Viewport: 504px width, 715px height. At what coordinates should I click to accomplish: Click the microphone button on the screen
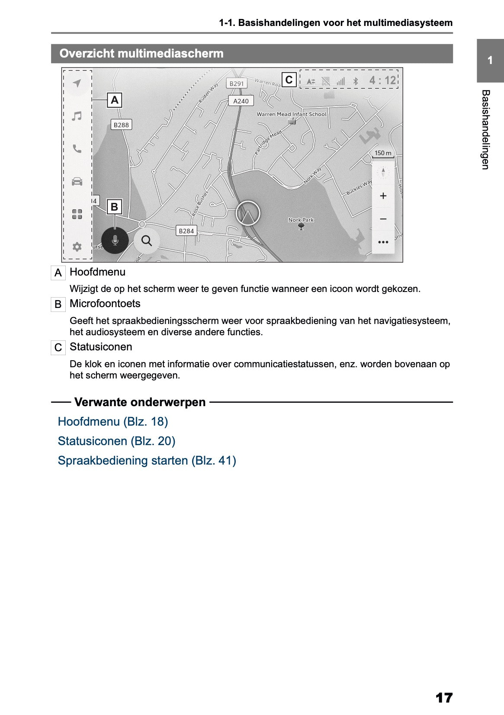pos(115,240)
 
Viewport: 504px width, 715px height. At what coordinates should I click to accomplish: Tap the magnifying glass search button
pos(147,240)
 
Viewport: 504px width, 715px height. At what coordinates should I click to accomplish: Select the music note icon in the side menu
pos(77,116)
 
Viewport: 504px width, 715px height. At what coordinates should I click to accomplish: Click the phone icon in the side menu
pos(77,149)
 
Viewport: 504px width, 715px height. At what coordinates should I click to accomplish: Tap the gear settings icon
pos(77,247)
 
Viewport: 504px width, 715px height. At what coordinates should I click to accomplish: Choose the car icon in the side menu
pos(77,181)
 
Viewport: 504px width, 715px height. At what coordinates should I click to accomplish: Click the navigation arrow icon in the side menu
pos(77,83)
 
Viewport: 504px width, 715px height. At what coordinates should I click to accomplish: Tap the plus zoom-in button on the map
pos(383,196)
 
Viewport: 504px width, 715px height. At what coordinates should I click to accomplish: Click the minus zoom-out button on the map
pos(383,219)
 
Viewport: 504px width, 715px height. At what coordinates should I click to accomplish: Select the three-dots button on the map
pos(383,242)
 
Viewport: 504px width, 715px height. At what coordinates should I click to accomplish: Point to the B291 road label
pos(237,83)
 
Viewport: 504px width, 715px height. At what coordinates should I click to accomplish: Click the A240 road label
pos(241,101)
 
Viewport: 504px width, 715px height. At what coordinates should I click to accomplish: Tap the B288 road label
pos(121,125)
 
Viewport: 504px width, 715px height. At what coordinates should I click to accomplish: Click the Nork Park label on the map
pos(301,220)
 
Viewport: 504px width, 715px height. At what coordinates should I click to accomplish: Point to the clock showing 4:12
pos(382,80)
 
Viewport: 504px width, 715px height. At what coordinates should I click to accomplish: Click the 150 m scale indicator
pos(383,153)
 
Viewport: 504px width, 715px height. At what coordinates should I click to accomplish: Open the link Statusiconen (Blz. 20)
pos(116,441)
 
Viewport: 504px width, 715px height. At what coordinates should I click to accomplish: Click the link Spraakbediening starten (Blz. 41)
pos(147,461)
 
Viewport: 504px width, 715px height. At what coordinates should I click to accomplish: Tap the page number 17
pos(444,697)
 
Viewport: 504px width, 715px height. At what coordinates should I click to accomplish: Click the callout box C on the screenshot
pos(289,80)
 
